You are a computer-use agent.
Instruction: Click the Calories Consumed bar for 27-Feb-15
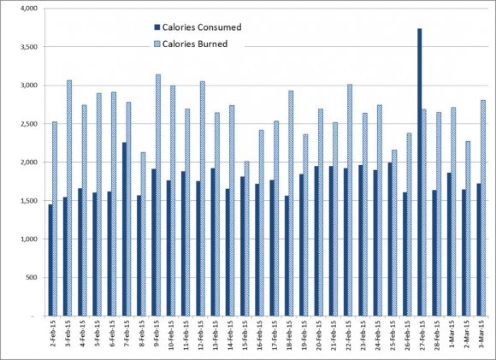pos(419,172)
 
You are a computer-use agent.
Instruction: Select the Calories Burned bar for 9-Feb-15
pos(158,195)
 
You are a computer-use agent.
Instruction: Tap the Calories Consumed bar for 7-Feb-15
pos(124,229)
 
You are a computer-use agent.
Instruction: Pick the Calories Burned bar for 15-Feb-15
pos(247,239)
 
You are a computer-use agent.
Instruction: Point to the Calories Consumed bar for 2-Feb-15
pos(50,260)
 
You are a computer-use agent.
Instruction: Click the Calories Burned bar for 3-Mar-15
pos(483,208)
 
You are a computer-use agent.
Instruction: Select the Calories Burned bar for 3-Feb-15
pos(69,198)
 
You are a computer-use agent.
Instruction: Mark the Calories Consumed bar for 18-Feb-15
pos(286,256)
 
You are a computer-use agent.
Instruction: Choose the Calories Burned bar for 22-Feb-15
pos(350,200)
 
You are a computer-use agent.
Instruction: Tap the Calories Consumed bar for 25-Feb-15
pos(390,239)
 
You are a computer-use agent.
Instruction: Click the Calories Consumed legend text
pos(202,27)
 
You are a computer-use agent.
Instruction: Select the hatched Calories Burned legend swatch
pos(157,44)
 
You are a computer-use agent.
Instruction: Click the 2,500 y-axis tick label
pos(29,124)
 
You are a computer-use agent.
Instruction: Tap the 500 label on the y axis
pos(32,278)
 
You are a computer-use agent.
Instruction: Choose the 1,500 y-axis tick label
pos(29,201)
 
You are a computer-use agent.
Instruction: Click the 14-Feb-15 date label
pos(231,334)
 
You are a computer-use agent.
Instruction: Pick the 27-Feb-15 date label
pos(422,334)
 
